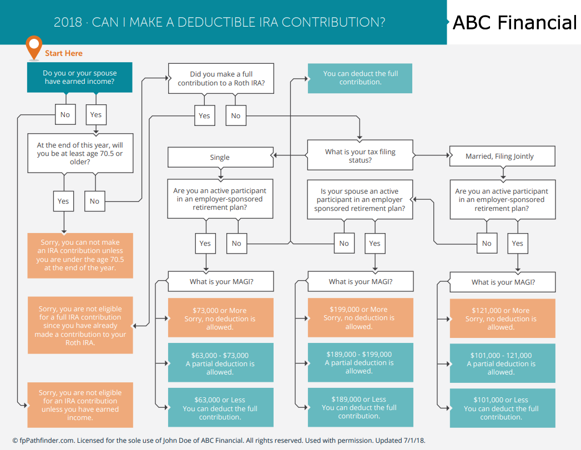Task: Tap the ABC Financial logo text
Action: (514, 23)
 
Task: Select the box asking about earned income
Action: (80, 78)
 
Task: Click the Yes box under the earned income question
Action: (96, 115)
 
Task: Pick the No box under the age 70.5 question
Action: (95, 201)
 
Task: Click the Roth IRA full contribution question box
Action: (221, 79)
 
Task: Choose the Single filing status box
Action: (220, 158)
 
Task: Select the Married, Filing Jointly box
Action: (502, 156)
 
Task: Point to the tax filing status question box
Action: (360, 155)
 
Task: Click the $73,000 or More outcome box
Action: (221, 318)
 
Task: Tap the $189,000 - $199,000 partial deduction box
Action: (361, 362)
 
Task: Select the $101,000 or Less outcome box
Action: (502, 408)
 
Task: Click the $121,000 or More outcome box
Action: (502, 318)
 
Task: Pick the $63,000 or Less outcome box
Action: (221, 407)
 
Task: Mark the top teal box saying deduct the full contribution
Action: (360, 78)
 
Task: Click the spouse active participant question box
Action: (360, 200)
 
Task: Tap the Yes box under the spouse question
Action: (375, 244)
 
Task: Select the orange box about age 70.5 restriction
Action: (80, 256)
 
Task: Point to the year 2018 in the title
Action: (68, 22)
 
